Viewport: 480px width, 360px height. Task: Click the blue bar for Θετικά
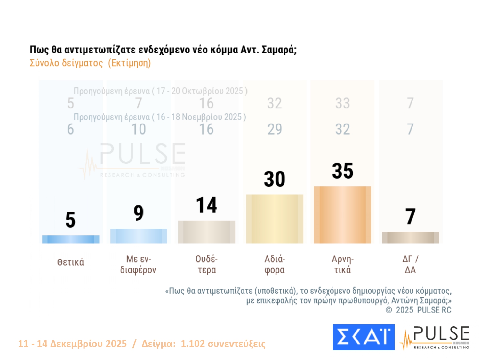(x=71, y=239)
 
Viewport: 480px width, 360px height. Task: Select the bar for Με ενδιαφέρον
(x=139, y=236)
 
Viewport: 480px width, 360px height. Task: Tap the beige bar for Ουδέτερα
(x=206, y=232)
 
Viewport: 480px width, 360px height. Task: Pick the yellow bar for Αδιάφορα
(x=275, y=219)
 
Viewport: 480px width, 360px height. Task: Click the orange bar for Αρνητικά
(x=342, y=214)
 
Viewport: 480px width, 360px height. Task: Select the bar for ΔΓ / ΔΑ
(x=410, y=237)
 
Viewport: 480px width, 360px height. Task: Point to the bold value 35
(x=342, y=171)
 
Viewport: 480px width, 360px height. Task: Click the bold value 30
(x=275, y=179)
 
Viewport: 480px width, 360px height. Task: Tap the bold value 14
(x=206, y=205)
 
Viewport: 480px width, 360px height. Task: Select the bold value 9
(x=139, y=213)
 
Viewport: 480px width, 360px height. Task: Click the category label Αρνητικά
(x=342, y=264)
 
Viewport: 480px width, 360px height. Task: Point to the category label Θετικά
(x=71, y=262)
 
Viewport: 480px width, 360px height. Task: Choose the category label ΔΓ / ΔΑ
(x=410, y=264)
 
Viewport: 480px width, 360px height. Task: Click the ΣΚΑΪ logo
(x=364, y=337)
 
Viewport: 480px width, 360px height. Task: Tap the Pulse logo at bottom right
(x=435, y=338)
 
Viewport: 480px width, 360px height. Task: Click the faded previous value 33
(x=342, y=103)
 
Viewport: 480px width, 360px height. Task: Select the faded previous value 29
(x=275, y=130)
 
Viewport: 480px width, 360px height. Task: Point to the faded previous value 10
(x=139, y=130)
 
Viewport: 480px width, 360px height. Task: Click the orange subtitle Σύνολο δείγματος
(x=66, y=63)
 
